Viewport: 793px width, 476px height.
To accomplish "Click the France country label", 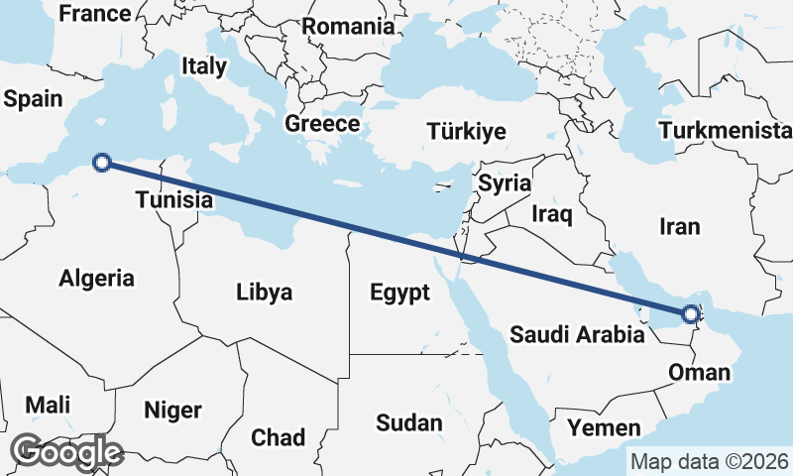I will pyautogui.click(x=95, y=14).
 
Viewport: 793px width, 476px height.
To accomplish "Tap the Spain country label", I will pyautogui.click(x=33, y=99).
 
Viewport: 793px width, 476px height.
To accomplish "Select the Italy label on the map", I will pyautogui.click(x=204, y=66).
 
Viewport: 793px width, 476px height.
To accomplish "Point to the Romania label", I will pyautogui.click(x=348, y=27).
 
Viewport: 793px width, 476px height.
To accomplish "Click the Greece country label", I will pyautogui.click(x=322, y=124).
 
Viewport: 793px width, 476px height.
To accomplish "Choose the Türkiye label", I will pyautogui.click(x=466, y=132).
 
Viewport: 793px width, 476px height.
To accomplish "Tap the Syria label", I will pyautogui.click(x=505, y=183).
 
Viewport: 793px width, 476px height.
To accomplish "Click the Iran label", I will pyautogui.click(x=679, y=226).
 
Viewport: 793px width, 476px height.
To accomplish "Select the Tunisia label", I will pyautogui.click(x=174, y=200).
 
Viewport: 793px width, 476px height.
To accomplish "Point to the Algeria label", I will pyautogui.click(x=96, y=279).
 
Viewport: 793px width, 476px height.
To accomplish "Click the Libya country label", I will pyautogui.click(x=264, y=293).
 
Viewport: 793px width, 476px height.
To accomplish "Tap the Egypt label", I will pyautogui.click(x=399, y=293).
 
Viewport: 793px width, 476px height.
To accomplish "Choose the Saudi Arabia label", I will pyautogui.click(x=577, y=334).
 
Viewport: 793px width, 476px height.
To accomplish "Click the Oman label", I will pyautogui.click(x=700, y=373).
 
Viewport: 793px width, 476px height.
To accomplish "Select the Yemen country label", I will pyautogui.click(x=605, y=427).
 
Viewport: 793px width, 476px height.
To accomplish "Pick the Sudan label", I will pyautogui.click(x=408, y=423).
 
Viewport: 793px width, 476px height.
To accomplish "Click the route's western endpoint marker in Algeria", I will pyautogui.click(x=100, y=162).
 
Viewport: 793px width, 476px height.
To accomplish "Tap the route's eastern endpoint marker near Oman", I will pyautogui.click(x=691, y=316).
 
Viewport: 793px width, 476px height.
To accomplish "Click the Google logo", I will pyautogui.click(x=68, y=451).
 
